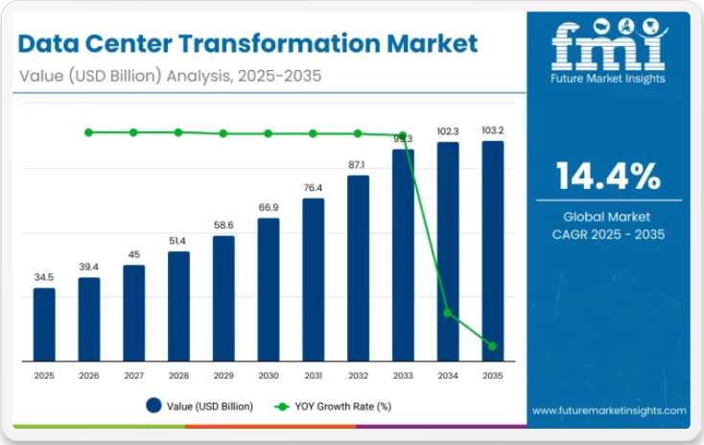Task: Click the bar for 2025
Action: (x=44, y=324)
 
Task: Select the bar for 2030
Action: (x=269, y=290)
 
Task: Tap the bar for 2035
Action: (x=493, y=251)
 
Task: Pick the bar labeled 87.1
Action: (x=358, y=268)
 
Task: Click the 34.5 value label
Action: (x=44, y=277)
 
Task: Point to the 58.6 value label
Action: (x=223, y=224)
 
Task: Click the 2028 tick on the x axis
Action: (x=178, y=376)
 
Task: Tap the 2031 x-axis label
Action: (x=313, y=376)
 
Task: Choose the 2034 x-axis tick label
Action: (x=448, y=376)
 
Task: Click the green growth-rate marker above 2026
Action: (x=89, y=132)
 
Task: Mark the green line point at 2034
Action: (x=448, y=314)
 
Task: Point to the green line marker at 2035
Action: (x=493, y=346)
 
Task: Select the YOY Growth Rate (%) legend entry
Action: (x=333, y=407)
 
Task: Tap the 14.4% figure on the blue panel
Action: (x=608, y=176)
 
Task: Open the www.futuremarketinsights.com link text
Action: (x=609, y=410)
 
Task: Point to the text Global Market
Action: (x=608, y=217)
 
